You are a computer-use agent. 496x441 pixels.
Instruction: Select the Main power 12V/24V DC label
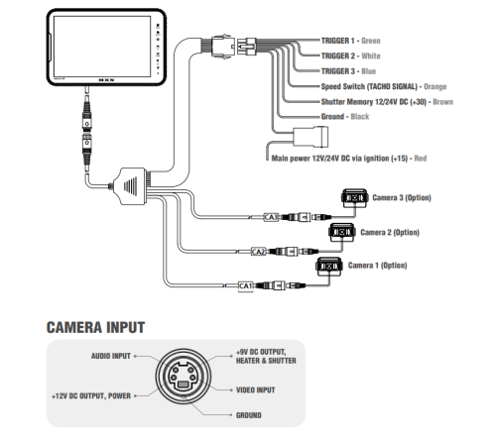click(343, 158)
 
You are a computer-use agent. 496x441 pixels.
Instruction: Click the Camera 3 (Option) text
click(401, 197)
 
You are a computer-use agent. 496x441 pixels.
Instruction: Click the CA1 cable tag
click(247, 286)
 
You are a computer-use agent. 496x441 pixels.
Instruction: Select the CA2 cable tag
click(256, 252)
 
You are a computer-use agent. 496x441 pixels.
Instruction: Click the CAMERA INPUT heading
click(95, 327)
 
